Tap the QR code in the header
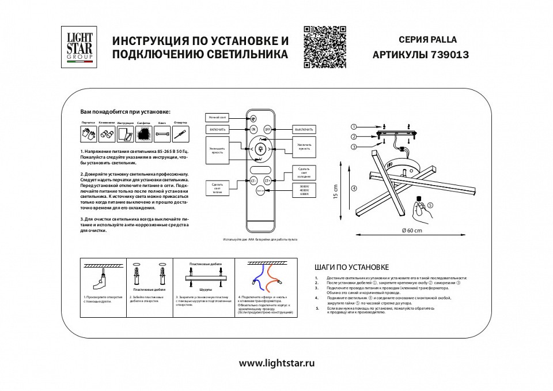(324, 47)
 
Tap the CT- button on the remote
(253, 181)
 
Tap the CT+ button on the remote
(267, 181)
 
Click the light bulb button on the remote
(260, 149)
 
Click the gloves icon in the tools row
(88, 134)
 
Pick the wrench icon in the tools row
(162, 134)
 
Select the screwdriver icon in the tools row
(181, 134)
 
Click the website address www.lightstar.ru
(276, 363)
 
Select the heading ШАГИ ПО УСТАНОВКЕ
(351, 268)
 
